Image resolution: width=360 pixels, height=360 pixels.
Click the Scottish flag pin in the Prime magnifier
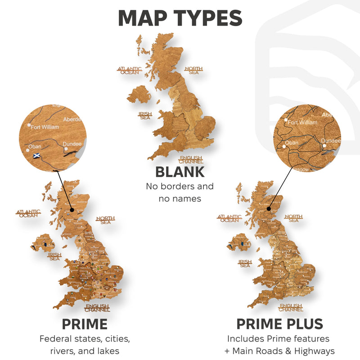36,156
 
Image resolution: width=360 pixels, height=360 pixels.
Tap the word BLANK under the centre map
180,172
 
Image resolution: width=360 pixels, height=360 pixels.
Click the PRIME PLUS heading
279,324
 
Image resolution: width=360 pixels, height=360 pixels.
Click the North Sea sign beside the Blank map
193,71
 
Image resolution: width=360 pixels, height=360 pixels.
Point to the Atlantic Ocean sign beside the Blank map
130,71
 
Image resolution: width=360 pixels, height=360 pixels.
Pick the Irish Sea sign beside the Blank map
145,116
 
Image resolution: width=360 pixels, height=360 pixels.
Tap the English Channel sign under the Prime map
97,308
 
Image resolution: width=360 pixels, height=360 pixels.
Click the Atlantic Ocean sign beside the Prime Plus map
229,219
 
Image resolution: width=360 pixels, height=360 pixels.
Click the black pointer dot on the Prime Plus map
269,209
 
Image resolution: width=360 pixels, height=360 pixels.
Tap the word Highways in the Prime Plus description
315,351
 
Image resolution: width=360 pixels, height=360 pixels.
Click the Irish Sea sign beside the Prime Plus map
245,263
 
